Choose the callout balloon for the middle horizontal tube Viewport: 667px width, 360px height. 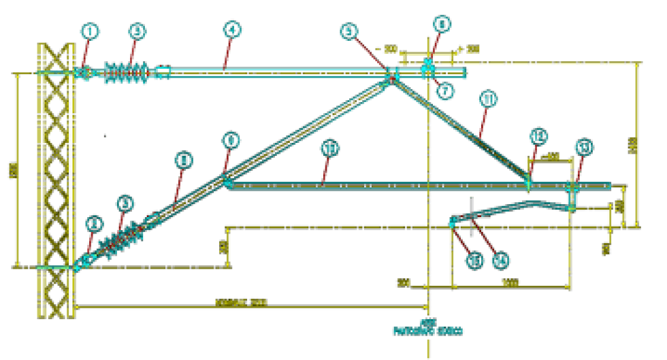click(331, 148)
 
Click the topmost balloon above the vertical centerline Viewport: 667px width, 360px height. click(443, 24)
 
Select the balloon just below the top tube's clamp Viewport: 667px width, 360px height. click(446, 91)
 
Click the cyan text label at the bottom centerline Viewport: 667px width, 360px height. click(428, 330)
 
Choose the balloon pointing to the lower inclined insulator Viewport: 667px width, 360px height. click(125, 202)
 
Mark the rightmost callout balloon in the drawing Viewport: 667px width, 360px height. click(583, 147)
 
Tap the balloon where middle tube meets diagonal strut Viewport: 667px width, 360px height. click(231, 142)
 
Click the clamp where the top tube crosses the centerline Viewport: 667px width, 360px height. click(427, 67)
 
